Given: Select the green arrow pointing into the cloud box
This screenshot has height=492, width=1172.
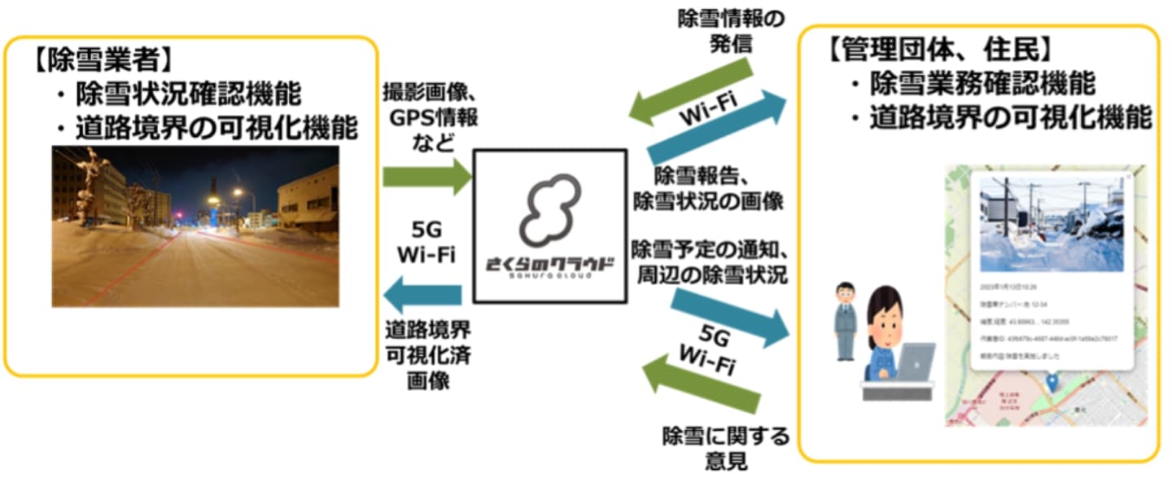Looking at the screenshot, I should [426, 174].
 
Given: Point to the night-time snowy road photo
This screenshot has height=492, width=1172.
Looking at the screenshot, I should [195, 226].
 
